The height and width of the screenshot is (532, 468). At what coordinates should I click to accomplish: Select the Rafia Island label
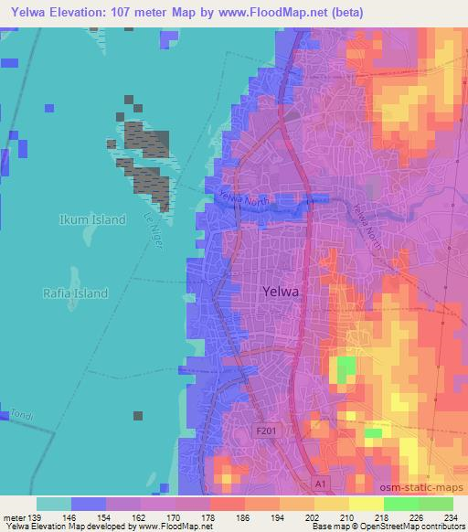pos(74,293)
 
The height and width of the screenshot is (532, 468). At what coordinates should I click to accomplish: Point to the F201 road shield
pos(265,429)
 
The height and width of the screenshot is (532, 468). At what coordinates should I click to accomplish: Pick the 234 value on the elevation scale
pos(449,516)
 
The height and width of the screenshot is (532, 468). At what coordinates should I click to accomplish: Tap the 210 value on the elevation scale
pos(346,516)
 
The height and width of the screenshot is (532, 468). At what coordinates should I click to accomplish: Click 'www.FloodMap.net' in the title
pos(278,12)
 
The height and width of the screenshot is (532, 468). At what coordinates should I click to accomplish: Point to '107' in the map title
pos(136,12)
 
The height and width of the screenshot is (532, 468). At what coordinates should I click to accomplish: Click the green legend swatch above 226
pos(400,504)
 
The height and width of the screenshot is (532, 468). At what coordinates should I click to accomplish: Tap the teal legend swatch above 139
pos(54,504)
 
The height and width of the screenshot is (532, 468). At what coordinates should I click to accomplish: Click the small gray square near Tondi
pos(138,416)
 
